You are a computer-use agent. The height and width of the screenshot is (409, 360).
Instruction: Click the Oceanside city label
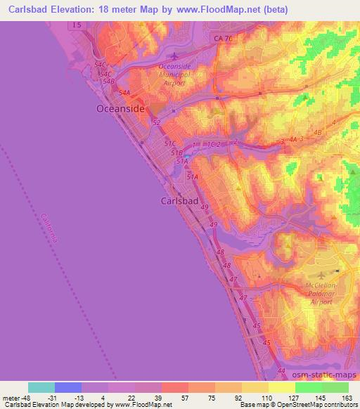(x=120, y=109)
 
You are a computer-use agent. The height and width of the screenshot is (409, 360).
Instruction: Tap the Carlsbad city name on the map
(x=175, y=200)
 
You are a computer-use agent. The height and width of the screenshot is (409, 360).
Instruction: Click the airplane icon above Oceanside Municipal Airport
(x=174, y=56)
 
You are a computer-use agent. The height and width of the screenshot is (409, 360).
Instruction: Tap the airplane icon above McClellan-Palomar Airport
(x=321, y=274)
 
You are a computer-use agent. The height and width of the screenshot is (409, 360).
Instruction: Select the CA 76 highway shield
(x=222, y=39)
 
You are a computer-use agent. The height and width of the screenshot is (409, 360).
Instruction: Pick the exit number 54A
(x=124, y=93)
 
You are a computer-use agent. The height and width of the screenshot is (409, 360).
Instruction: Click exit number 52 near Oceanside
(x=156, y=122)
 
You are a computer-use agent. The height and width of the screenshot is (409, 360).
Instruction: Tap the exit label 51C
(x=170, y=143)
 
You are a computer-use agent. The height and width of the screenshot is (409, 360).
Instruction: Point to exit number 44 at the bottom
(x=282, y=370)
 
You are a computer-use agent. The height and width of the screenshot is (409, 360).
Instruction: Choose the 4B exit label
(x=318, y=132)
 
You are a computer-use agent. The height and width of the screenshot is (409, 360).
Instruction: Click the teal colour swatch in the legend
(x=41, y=387)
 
